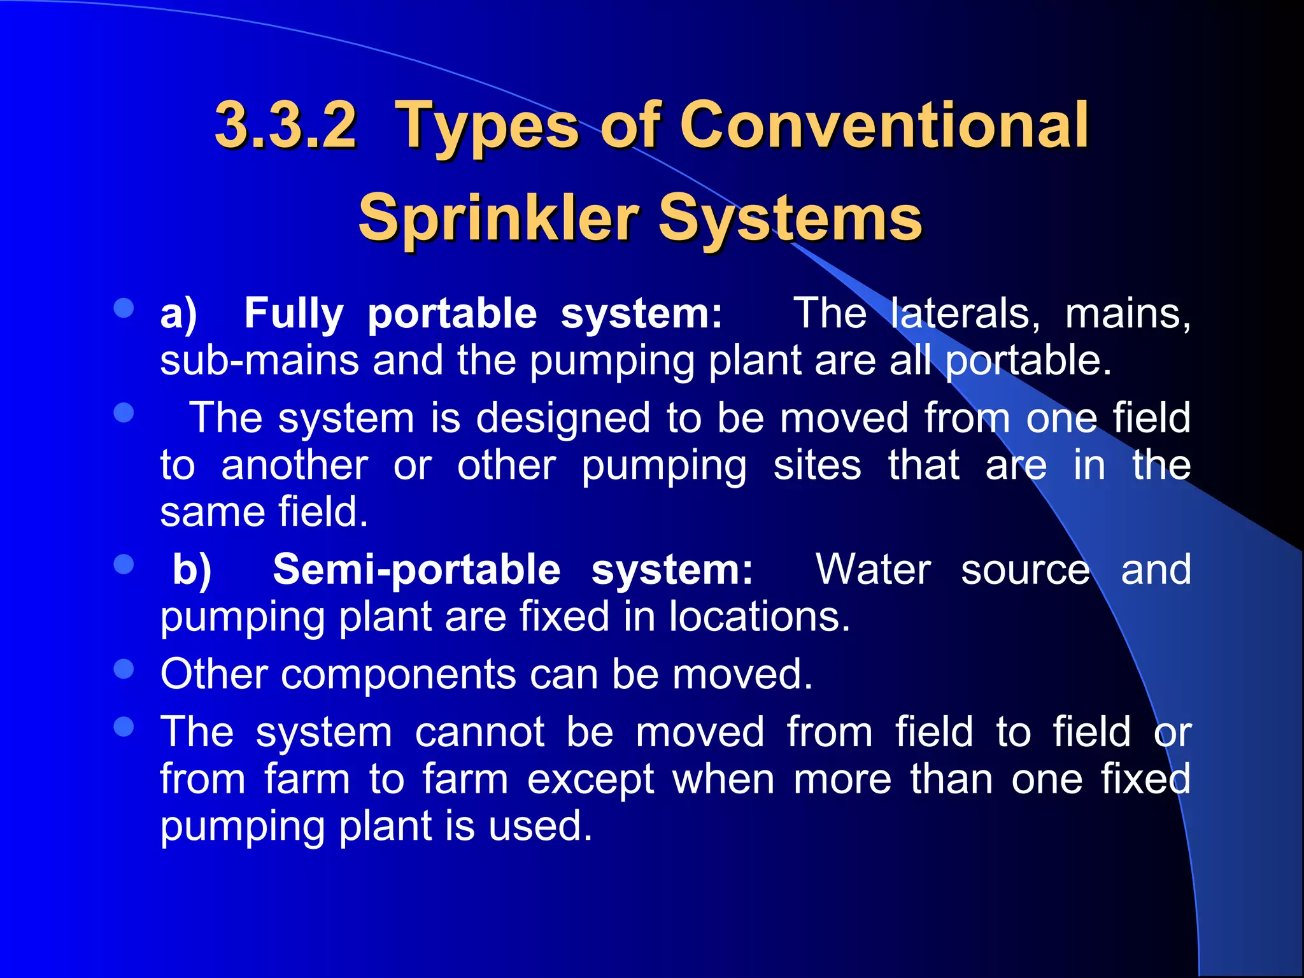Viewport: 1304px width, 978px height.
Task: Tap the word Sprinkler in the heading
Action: pos(499,218)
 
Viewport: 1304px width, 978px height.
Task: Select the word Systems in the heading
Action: pos(790,218)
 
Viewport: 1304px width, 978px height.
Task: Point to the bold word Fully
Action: pos(294,314)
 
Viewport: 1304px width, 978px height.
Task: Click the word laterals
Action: pos(965,314)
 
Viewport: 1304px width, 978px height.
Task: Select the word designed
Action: pos(563,418)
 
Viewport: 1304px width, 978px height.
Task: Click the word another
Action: pos(295,465)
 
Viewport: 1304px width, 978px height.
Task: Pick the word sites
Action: pos(818,465)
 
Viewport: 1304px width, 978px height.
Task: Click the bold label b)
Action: pos(192,569)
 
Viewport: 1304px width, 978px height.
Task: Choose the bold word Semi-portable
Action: pos(417,569)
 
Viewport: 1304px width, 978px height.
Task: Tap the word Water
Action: pos(874,569)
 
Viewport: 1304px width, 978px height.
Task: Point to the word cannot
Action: pos(480,732)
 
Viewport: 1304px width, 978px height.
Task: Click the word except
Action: pos(590,779)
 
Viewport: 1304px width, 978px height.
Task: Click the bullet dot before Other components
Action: pos(124,669)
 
